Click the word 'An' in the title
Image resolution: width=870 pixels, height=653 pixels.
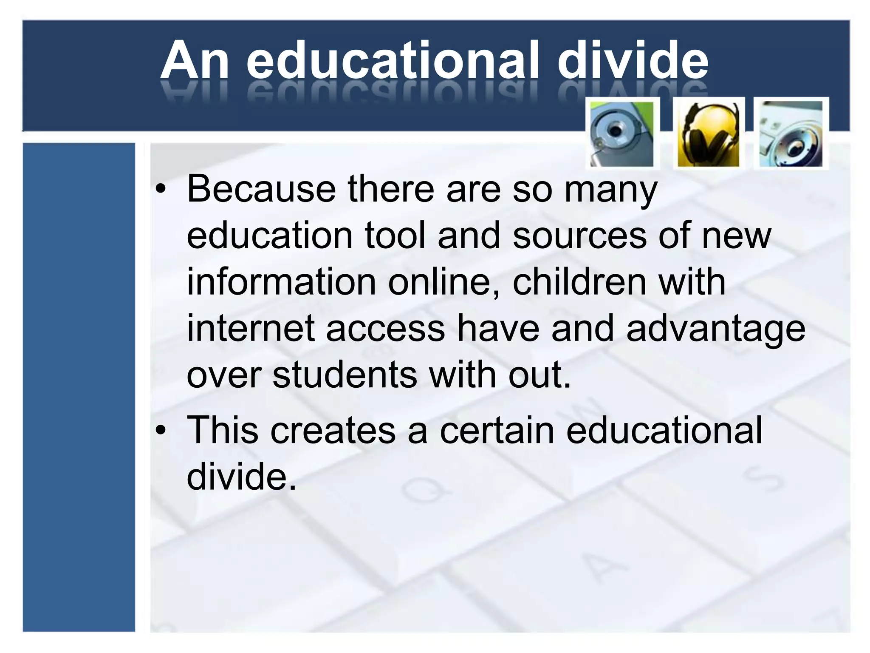click(195, 60)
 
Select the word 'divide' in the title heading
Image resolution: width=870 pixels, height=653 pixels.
click(633, 60)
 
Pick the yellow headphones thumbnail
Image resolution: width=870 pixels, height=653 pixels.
click(709, 133)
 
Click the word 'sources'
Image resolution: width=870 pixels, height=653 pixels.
click(580, 236)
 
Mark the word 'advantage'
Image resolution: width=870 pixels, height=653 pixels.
click(716, 329)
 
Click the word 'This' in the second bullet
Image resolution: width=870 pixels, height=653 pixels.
click(223, 430)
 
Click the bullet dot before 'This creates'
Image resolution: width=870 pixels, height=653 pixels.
click(160, 431)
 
